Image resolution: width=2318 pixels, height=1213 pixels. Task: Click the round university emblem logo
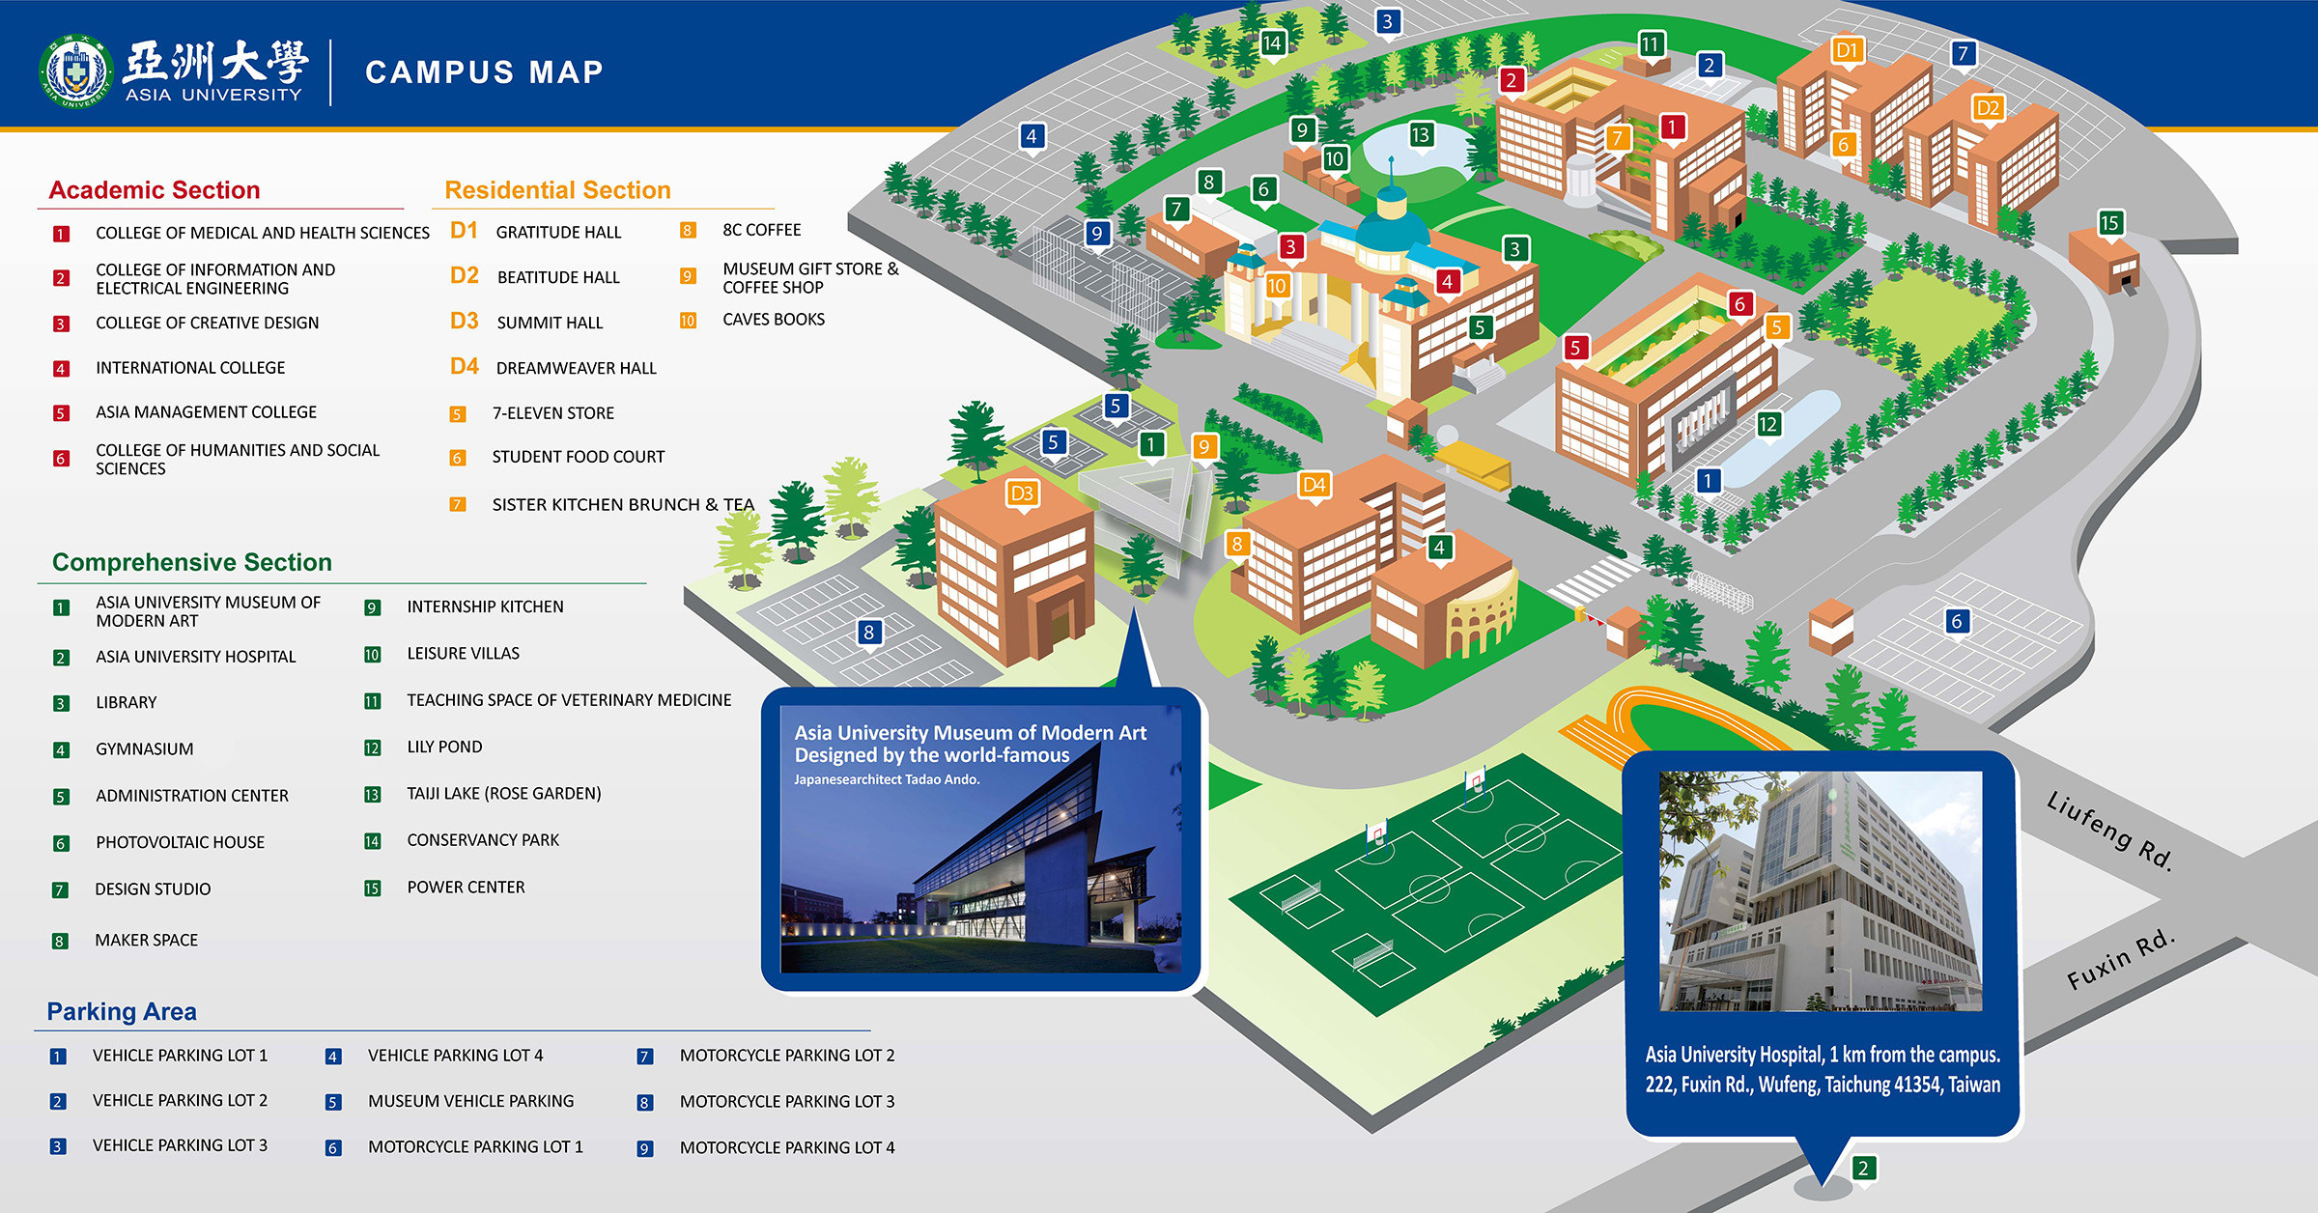75,72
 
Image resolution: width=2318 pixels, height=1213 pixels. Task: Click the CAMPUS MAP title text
484,72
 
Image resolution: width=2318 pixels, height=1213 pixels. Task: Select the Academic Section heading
155,190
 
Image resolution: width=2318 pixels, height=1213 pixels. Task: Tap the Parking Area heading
122,1011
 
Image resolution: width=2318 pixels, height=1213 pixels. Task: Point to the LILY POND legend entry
444,747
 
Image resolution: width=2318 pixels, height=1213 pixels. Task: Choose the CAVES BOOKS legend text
773,320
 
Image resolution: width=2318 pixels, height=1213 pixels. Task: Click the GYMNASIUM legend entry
144,748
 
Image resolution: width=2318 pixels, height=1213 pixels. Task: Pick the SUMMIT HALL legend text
550,323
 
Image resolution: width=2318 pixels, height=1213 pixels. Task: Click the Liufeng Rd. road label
2109,831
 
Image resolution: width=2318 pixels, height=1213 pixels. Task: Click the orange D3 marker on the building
1021,494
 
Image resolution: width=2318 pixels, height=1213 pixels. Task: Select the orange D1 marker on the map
1847,50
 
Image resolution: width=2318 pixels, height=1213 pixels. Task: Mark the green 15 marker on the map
2109,223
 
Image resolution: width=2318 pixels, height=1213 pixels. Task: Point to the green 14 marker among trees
1272,42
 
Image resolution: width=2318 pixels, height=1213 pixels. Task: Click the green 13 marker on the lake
1420,134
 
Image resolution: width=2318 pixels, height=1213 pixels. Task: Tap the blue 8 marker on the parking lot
868,632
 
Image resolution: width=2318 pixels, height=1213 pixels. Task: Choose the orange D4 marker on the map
1314,484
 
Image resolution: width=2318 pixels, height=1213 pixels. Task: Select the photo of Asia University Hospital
1821,890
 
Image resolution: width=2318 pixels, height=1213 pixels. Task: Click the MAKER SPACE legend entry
146,940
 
